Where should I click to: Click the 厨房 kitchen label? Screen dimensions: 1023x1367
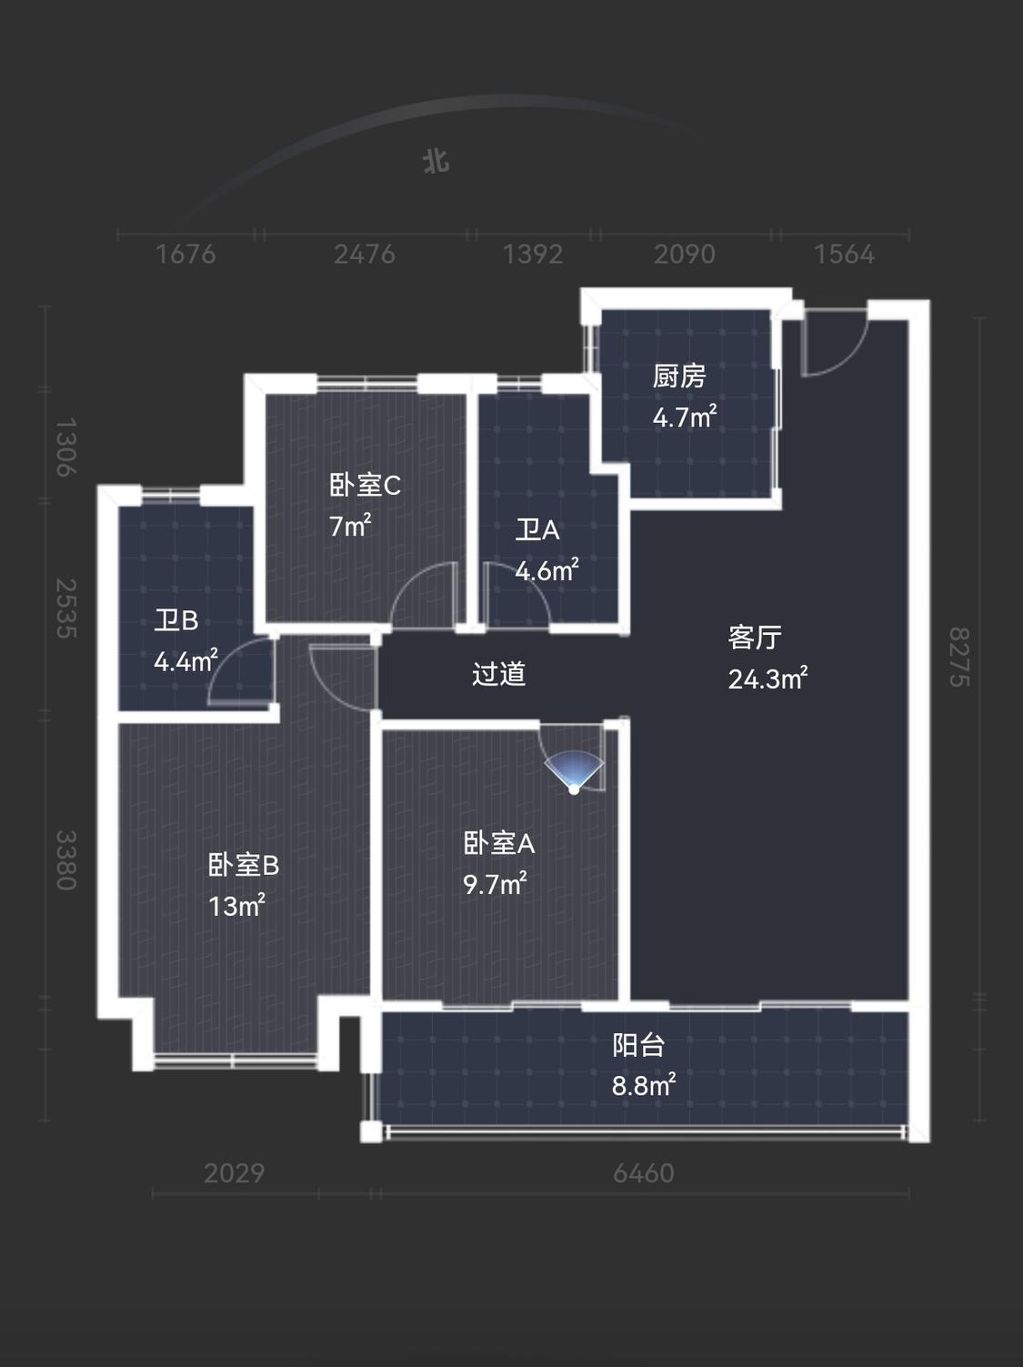click(679, 377)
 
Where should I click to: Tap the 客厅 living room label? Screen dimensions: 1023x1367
click(755, 637)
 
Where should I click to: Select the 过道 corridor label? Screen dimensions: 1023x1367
click(498, 674)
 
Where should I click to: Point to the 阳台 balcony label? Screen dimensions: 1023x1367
click(638, 1045)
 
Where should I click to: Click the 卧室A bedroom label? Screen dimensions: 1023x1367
click(499, 843)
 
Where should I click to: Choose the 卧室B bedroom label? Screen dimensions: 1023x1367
click(244, 865)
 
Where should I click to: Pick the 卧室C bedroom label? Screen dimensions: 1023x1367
click(365, 485)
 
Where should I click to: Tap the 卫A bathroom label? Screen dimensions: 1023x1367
click(537, 530)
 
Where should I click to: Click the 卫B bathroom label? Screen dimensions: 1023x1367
click(176, 620)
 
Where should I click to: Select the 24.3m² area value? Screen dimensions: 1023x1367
click(767, 678)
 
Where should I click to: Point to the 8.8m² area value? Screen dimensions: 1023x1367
click(643, 1085)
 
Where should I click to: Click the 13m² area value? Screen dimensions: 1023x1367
click(236, 906)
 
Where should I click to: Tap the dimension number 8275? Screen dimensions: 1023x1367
click(958, 657)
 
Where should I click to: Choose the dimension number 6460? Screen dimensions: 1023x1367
click(643, 1173)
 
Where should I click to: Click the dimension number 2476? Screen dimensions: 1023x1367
click(365, 254)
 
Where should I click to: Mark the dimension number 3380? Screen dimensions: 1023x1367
click(66, 860)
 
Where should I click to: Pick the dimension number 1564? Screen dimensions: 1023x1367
click(844, 254)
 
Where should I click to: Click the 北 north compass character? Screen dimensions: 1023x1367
click(436, 162)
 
